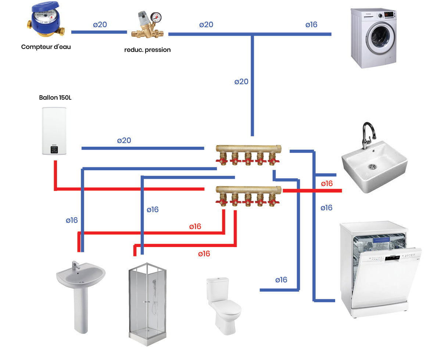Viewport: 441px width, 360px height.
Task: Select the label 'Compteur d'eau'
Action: (x=46, y=47)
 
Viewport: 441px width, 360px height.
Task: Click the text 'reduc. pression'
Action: (x=147, y=50)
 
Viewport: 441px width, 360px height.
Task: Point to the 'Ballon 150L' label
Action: (x=53, y=98)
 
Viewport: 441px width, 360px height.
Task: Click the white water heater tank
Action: (x=54, y=131)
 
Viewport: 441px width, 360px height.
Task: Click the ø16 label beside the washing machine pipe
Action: (x=311, y=25)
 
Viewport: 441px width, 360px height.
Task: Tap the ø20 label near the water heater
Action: (x=124, y=140)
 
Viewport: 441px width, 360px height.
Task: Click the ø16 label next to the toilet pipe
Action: (x=281, y=280)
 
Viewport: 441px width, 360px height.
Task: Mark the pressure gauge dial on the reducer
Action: (x=157, y=17)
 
